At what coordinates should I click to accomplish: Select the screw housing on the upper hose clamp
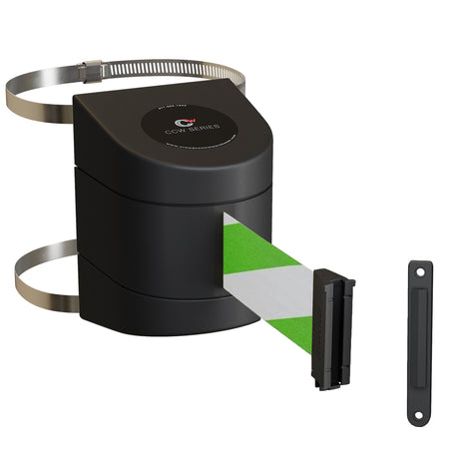92,70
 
